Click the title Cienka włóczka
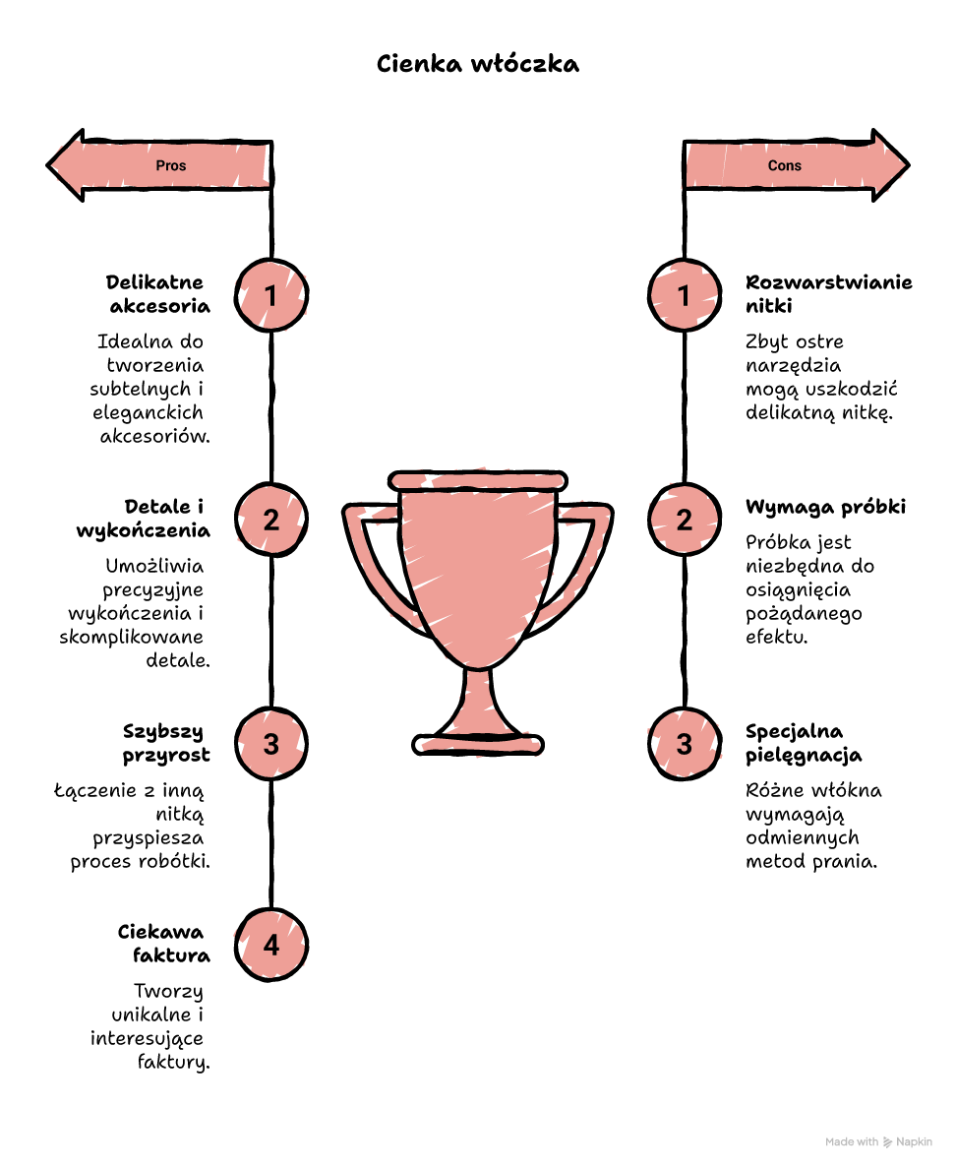478,64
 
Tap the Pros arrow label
170,165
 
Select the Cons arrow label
785,165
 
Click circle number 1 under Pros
271,295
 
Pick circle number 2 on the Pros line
271,520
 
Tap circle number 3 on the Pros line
271,744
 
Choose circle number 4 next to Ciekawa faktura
271,945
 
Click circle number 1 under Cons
684,295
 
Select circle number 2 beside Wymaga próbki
684,520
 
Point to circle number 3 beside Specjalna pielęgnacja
684,744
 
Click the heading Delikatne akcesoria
158,294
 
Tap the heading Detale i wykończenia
143,519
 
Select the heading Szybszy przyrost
166,743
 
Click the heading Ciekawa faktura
164,944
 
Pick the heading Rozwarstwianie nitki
828,294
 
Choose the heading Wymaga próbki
825,507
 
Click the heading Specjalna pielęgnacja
804,743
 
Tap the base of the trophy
478,744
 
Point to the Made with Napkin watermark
878,1142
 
